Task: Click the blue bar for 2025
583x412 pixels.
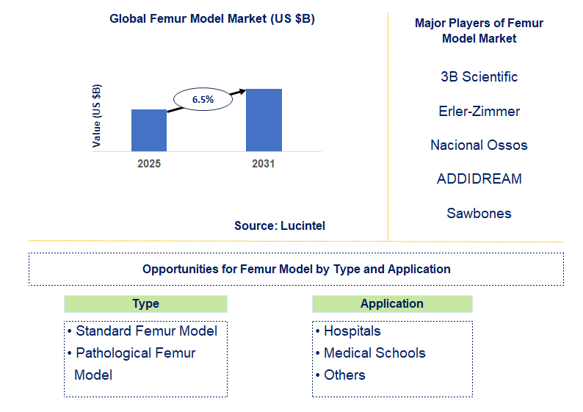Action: pos(149,130)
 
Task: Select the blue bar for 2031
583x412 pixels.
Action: pos(264,120)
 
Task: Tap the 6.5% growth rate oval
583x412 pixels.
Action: pos(203,98)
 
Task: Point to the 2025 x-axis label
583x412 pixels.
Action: pos(149,164)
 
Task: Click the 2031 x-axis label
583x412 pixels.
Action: pos(264,164)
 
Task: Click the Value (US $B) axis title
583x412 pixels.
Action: pos(97,116)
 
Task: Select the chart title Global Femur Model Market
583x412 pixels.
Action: pos(212,19)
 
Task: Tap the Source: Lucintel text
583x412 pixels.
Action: pos(280,225)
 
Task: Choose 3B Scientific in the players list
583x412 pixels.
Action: pos(479,77)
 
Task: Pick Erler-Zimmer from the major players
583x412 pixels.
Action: pos(479,112)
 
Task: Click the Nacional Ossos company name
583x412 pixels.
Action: pos(479,145)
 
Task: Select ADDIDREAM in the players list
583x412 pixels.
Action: pos(479,179)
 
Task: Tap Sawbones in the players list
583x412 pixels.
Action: pos(479,214)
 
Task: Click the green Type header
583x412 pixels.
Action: pos(145,304)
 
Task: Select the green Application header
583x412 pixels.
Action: pos(392,304)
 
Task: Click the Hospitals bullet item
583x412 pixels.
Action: pos(352,331)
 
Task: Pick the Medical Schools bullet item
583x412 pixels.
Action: pos(374,353)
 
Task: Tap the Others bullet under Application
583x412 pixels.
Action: pos(344,375)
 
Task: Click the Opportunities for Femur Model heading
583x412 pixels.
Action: pos(296,269)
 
